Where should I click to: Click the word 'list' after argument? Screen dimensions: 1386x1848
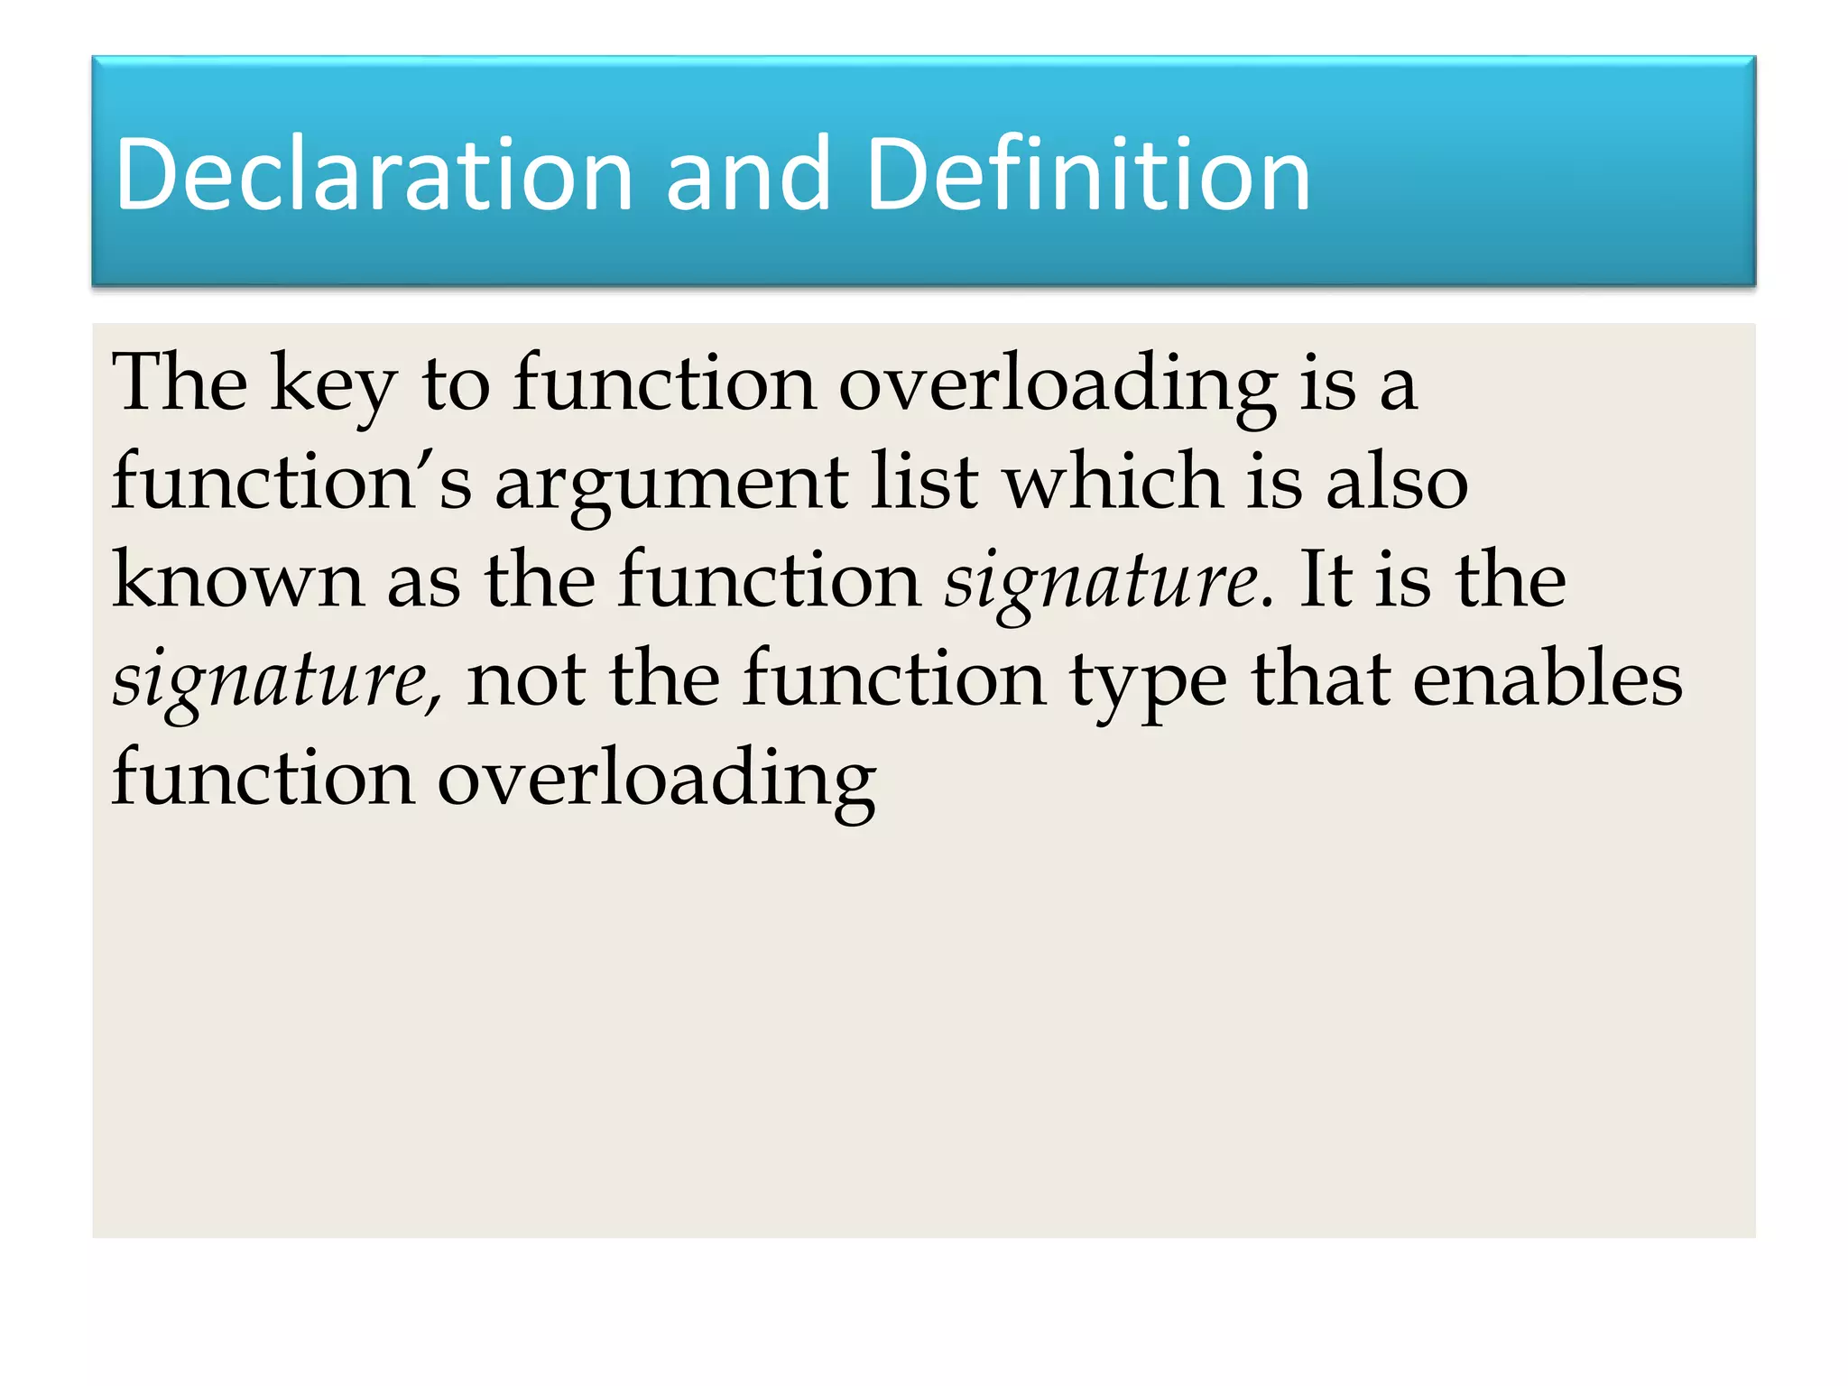(x=925, y=481)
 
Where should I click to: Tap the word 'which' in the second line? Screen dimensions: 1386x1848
(x=1114, y=481)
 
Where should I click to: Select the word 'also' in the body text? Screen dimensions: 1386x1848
(x=1397, y=481)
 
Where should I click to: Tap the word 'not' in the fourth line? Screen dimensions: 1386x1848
(x=526, y=679)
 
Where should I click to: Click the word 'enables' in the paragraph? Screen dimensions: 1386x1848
(x=1547, y=679)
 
